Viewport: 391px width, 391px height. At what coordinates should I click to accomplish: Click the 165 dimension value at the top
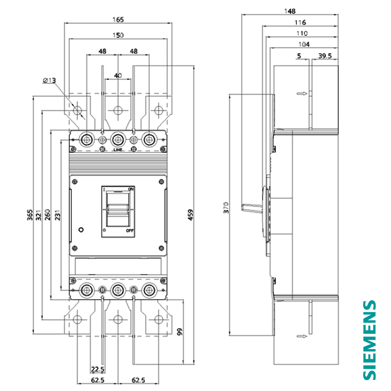coord(118,20)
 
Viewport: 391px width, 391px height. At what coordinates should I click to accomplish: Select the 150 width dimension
coord(118,35)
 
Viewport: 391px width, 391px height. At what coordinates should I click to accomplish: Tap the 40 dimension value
coord(118,76)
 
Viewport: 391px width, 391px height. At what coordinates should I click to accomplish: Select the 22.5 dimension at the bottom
coord(97,369)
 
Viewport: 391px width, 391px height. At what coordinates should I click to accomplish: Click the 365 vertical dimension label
coord(30,215)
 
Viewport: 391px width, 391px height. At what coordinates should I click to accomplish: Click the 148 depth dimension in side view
coord(289,11)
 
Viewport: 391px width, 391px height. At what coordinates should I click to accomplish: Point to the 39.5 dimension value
coord(325,56)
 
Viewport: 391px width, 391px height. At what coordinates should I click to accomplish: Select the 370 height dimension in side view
coord(226,208)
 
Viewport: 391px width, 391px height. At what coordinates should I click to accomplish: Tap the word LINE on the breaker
coord(118,150)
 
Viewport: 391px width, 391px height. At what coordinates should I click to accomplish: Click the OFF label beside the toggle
coord(130,231)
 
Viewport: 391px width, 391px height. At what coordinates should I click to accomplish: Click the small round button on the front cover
coord(81,230)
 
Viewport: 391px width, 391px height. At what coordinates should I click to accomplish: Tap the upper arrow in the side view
coord(302,94)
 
